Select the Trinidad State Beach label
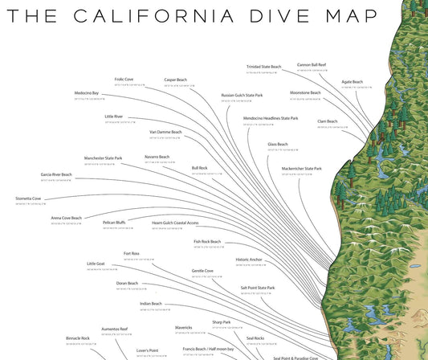coord(263,67)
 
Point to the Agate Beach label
coord(352,81)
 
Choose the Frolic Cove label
coord(124,80)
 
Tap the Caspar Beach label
coord(175,80)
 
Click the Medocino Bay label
coord(87,93)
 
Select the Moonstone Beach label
coord(305,93)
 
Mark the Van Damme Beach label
coord(165,132)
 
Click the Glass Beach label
coord(278,145)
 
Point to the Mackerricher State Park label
coord(301,169)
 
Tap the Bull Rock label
coord(199,168)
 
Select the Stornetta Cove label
coord(28,198)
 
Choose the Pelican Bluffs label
coord(115,223)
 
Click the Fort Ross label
coord(132,254)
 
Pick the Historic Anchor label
coord(249,260)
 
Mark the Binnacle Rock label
coord(78,338)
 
